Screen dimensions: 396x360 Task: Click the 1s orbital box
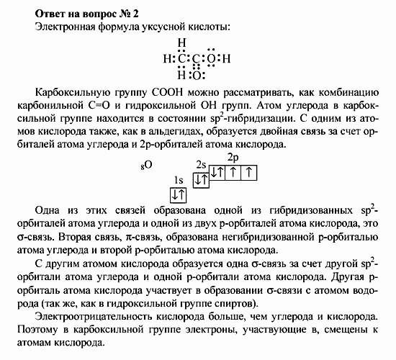click(179, 194)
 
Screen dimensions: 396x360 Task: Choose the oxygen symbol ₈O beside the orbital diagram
click(146, 166)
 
